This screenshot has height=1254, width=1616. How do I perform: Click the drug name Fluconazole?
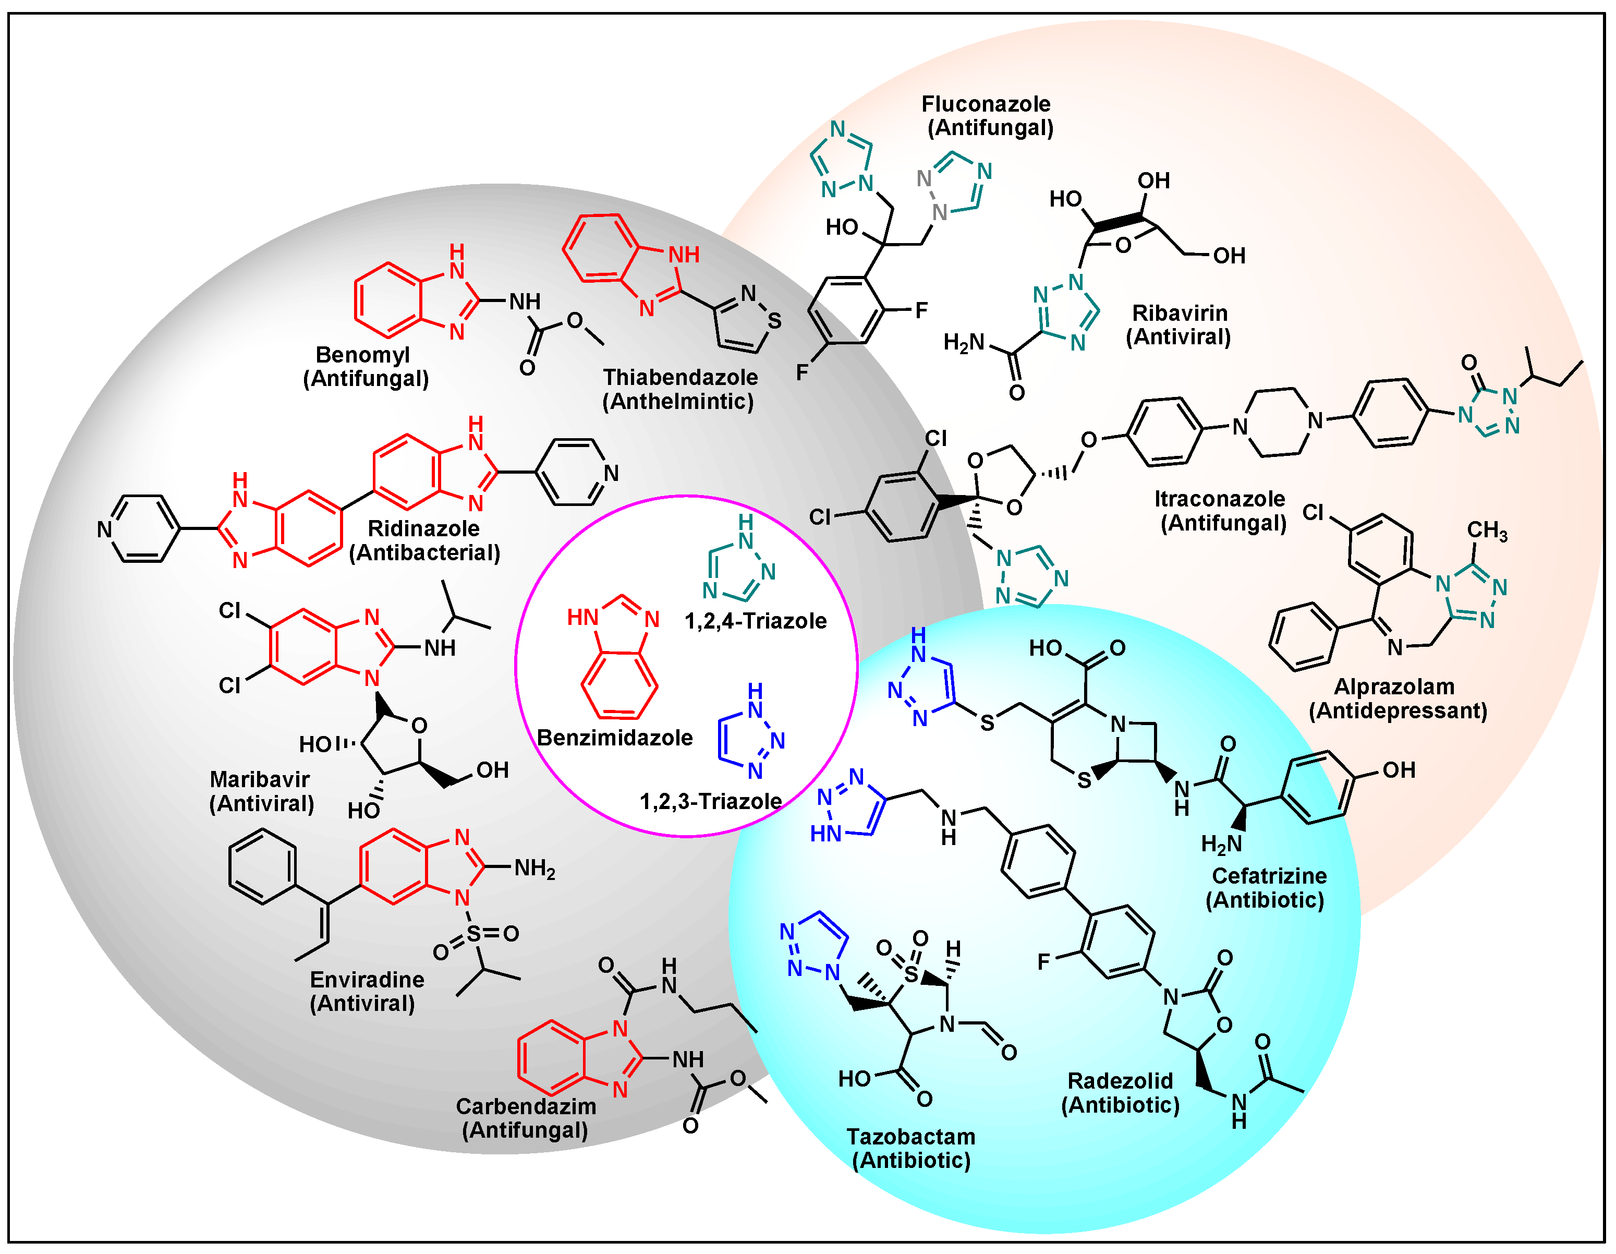coord(985,104)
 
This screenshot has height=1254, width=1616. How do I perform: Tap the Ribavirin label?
coord(1180,313)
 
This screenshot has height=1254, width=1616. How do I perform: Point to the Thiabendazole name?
coord(680,378)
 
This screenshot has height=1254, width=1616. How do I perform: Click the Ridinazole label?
coord(423,528)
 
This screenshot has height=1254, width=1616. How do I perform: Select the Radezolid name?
coord(1120,1081)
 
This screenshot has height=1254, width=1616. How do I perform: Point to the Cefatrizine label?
coord(1269,876)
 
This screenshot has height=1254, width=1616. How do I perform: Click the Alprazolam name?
coord(1394,687)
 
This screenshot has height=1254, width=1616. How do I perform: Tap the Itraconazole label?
coord(1219,499)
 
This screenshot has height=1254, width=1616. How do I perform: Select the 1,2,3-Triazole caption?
coord(710,801)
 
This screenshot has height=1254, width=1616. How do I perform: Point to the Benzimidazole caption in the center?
coord(614,737)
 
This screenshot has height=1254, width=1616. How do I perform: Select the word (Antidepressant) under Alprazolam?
coord(1398,710)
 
